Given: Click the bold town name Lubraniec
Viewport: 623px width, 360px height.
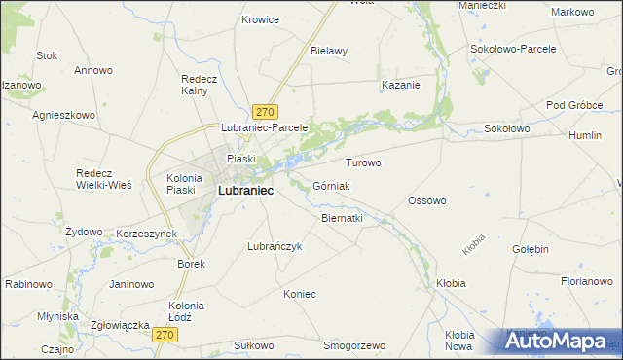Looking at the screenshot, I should (x=244, y=192).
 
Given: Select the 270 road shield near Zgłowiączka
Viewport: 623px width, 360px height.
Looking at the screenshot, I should (x=165, y=334).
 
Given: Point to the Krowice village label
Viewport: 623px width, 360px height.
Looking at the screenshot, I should (x=260, y=19).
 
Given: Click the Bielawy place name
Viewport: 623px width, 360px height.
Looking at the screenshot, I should (x=329, y=51).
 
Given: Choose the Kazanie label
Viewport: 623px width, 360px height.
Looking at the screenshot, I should (x=400, y=85).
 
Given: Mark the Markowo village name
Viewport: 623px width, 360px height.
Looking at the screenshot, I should (x=571, y=12).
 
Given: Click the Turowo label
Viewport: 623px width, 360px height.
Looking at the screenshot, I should (x=363, y=162).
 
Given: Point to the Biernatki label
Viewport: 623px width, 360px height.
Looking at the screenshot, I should (x=342, y=218).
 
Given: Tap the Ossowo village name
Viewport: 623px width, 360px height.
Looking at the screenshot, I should (x=426, y=200).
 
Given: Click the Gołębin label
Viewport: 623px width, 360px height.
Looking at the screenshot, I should (x=530, y=249).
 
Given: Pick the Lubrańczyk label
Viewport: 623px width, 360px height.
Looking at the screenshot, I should (x=275, y=246).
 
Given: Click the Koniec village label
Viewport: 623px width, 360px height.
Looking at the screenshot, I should (x=299, y=293).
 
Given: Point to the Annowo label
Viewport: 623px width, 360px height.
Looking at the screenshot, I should (x=93, y=70).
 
